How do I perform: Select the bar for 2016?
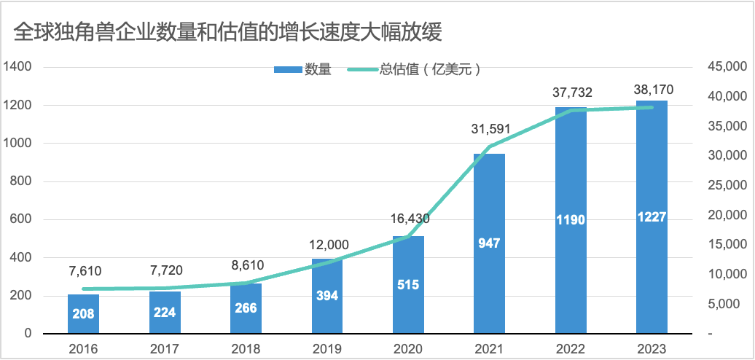pos(83,314)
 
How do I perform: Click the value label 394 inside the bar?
pos(327,296)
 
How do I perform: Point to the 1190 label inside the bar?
pos(571,220)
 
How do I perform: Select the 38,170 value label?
pos(652,90)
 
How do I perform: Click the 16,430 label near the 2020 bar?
pos(408,219)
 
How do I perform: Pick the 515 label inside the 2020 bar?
pos(408,284)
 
